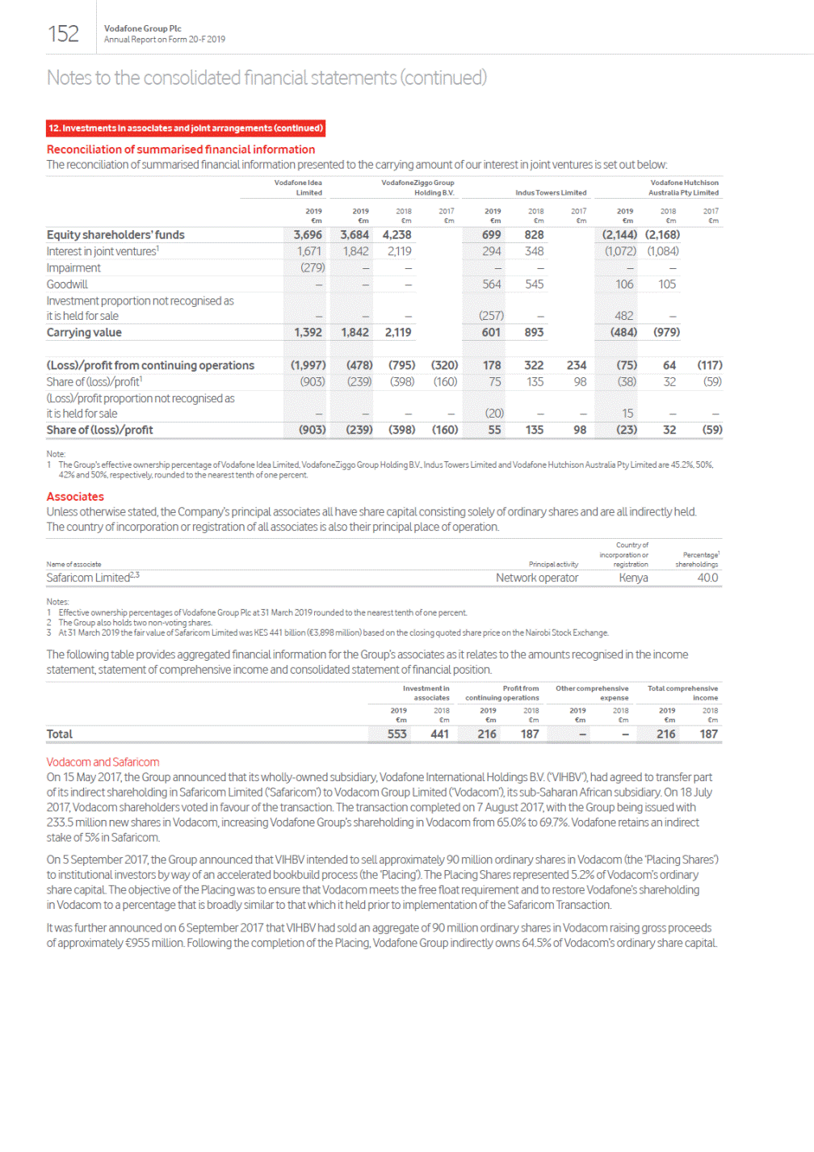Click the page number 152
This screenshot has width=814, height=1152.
(x=63, y=34)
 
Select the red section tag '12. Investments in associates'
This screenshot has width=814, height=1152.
(x=185, y=128)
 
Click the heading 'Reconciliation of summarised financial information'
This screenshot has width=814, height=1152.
(x=181, y=149)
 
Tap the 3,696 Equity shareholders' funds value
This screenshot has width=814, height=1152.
(x=308, y=235)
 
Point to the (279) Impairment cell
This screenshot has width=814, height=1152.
(x=313, y=267)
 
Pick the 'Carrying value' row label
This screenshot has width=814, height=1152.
(x=84, y=333)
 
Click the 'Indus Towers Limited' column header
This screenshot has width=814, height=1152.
(x=551, y=193)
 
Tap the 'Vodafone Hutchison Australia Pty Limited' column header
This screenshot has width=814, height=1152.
(x=684, y=187)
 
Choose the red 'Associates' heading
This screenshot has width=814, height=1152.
(x=75, y=497)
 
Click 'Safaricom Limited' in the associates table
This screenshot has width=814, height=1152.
(x=88, y=578)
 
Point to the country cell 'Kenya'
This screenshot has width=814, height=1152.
(x=633, y=578)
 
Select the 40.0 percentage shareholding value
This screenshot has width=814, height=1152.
(x=707, y=578)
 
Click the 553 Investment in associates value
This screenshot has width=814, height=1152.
(x=397, y=734)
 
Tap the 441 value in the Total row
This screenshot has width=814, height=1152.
(x=439, y=734)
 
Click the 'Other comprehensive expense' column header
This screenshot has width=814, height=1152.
(x=592, y=693)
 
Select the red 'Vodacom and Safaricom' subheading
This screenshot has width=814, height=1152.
(x=103, y=762)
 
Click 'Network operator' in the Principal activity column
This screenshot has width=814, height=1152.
(x=537, y=578)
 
